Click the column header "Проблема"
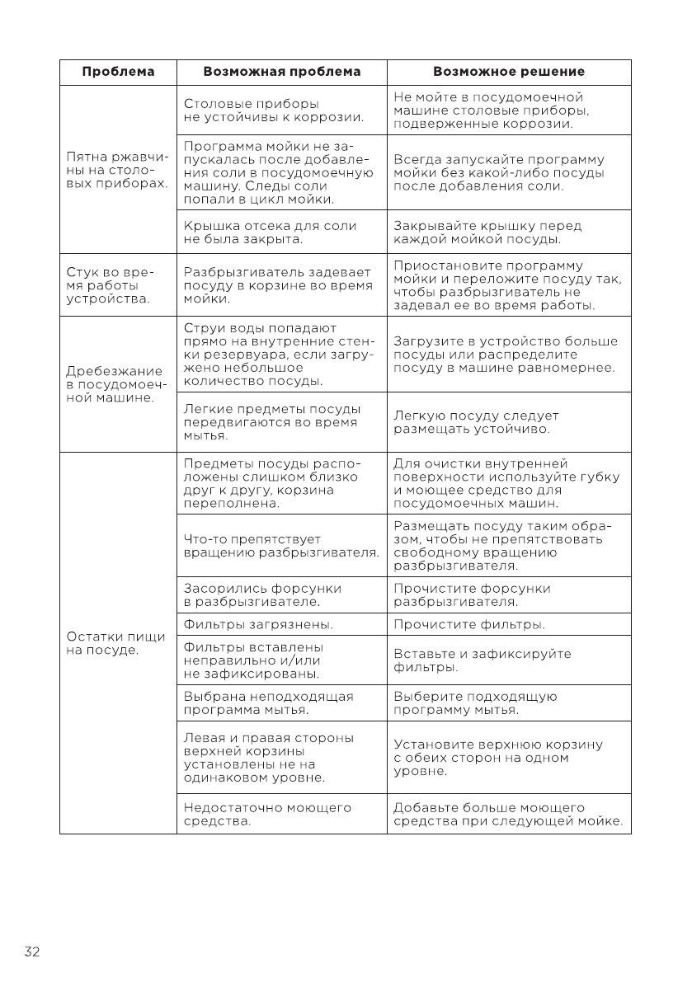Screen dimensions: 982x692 click(118, 72)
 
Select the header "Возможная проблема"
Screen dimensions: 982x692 click(282, 72)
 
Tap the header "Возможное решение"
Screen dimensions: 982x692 click(509, 72)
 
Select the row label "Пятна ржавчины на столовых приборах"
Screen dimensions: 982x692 click(117, 170)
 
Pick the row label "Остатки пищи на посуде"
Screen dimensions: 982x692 click(116, 643)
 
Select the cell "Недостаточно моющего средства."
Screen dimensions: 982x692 click(267, 815)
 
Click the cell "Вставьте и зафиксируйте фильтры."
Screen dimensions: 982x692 click(483, 660)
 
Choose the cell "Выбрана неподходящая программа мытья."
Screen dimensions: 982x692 click(268, 702)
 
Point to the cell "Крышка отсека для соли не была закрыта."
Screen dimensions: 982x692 click(270, 233)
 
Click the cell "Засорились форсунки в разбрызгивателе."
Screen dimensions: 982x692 click(262, 595)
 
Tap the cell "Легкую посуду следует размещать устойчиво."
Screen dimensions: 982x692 click(476, 422)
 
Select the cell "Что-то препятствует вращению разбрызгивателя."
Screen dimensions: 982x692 click(281, 546)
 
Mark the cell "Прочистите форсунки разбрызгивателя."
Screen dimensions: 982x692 click(472, 595)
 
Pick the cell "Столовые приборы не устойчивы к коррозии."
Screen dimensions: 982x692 click(273, 110)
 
